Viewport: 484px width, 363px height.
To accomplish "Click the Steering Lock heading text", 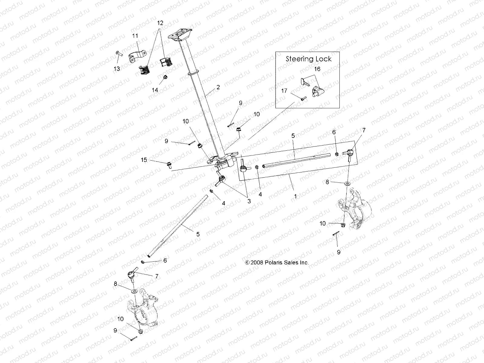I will coord(309,59).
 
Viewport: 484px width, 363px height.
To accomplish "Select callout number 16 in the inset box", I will coord(317,69).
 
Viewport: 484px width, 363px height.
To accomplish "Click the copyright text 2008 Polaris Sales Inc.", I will coord(277,263).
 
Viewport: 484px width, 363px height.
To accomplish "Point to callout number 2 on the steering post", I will coord(218,87).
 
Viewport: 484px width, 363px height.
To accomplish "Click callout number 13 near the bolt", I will coord(117,69).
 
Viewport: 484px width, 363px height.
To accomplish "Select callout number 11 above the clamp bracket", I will coord(135,36).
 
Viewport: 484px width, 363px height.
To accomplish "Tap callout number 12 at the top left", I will coord(160,23).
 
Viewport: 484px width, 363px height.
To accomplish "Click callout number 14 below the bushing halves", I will coord(155,90).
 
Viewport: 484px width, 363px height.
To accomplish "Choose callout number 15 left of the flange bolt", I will coord(144,159).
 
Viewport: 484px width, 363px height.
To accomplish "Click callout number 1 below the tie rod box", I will coord(295,196).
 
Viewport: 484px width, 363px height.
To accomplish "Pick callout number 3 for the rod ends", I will coord(249,201).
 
